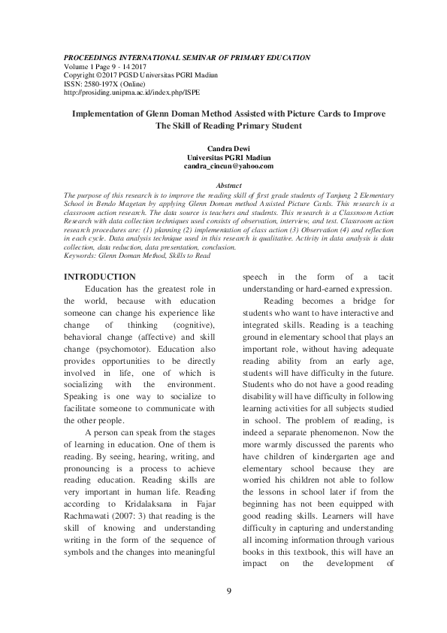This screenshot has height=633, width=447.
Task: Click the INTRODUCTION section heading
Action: pyautogui.click(x=100, y=277)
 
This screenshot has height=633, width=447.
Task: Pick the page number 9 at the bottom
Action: pyautogui.click(x=228, y=591)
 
